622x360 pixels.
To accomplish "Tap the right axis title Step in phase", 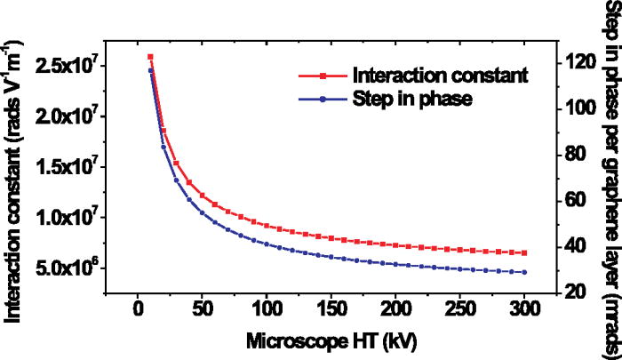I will pyautogui.click(x=610, y=178).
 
